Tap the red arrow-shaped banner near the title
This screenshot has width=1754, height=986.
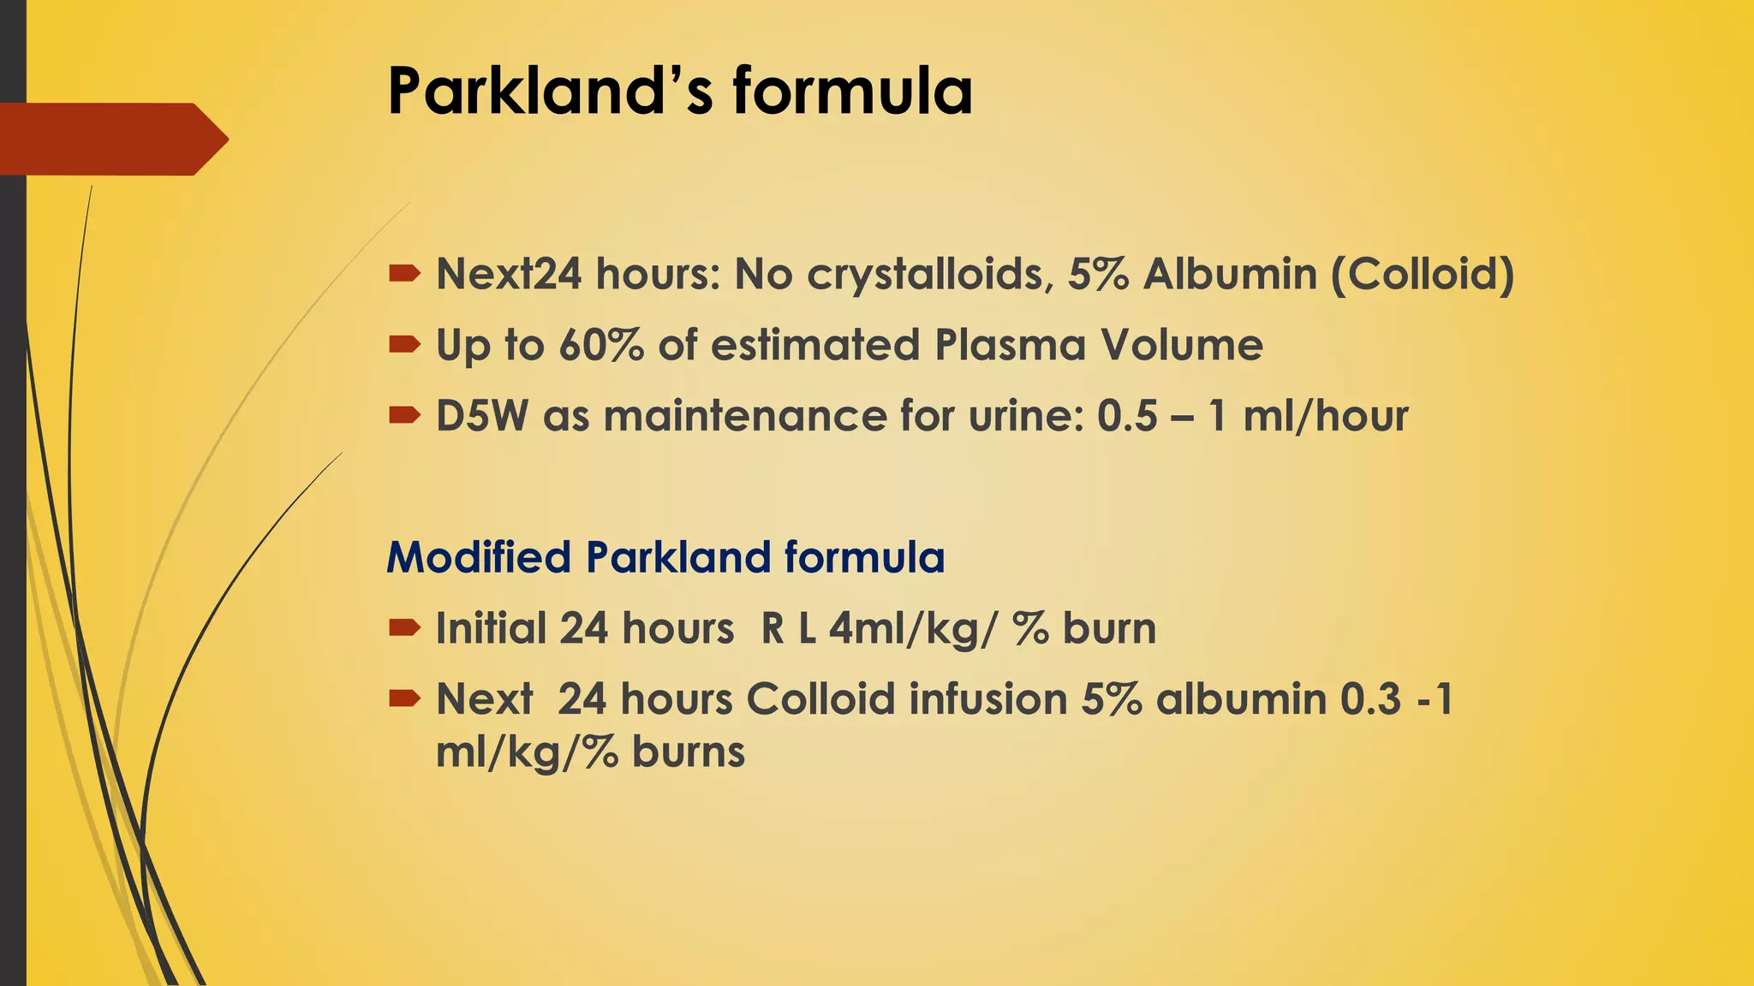click(x=111, y=139)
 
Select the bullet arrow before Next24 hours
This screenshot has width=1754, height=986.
click(x=404, y=274)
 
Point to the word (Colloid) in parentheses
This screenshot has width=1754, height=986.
click(x=1422, y=276)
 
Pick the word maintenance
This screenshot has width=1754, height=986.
click(x=745, y=417)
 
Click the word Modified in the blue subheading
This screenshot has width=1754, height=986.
click(x=479, y=557)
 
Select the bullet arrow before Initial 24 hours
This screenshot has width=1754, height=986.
click(x=404, y=628)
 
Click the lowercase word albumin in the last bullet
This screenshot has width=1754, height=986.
click(x=1241, y=699)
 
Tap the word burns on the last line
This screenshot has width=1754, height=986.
click(x=689, y=752)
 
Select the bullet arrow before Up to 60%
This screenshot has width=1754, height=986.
click(x=404, y=345)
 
